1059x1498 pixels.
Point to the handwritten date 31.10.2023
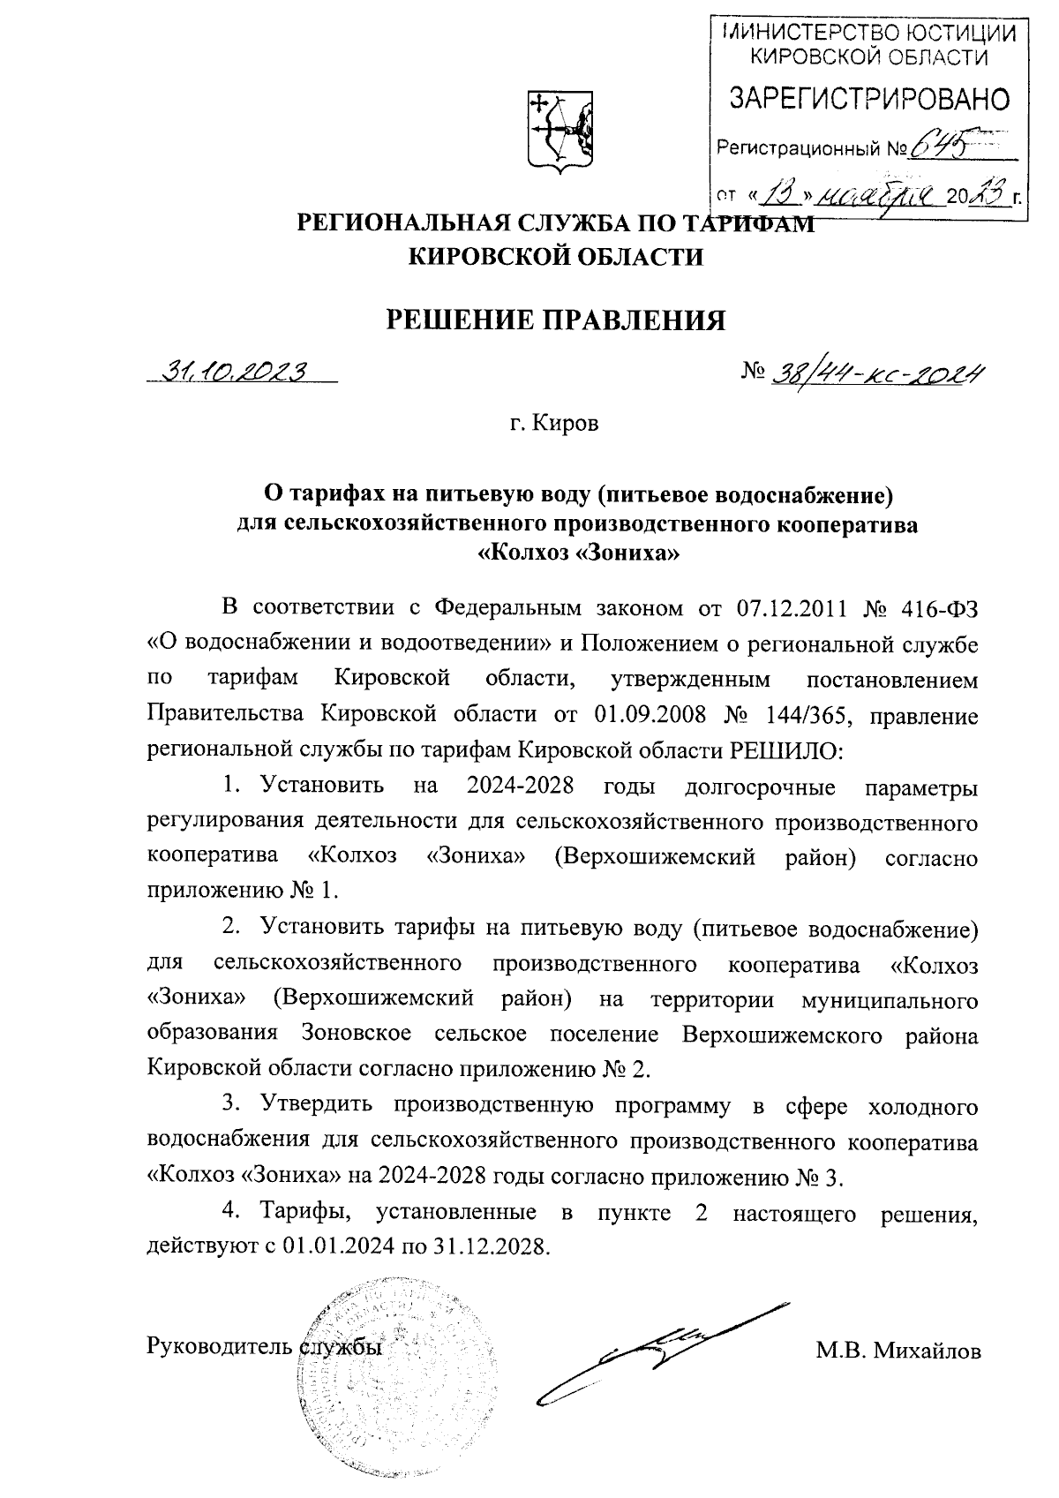232,373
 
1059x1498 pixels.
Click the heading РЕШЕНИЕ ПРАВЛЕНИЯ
558,320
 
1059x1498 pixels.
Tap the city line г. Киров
554,424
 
